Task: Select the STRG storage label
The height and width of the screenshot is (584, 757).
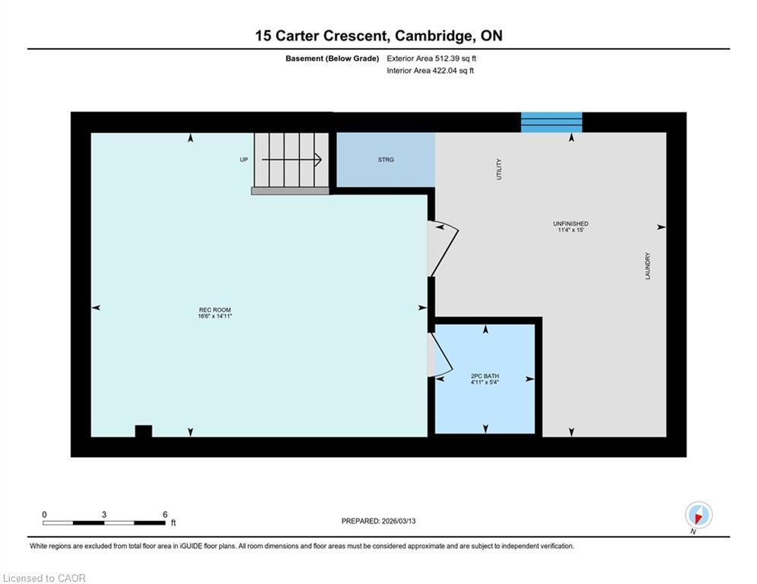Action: click(386, 160)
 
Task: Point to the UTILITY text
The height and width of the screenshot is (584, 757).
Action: click(499, 169)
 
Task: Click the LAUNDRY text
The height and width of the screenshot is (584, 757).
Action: click(648, 266)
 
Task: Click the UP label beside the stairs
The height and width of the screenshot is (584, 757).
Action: click(243, 160)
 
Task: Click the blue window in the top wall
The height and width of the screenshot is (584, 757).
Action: click(552, 122)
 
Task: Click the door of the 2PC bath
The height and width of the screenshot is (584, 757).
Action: click(440, 351)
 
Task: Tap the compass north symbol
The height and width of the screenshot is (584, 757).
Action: click(698, 516)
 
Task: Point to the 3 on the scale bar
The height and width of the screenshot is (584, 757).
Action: click(103, 515)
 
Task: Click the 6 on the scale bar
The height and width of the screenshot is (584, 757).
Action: click(165, 515)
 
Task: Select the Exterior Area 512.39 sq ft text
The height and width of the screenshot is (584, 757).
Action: click(431, 58)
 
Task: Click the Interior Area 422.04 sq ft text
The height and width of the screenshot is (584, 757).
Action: click(431, 71)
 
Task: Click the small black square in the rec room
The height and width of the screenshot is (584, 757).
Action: click(143, 431)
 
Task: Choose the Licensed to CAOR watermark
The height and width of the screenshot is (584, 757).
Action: click(44, 578)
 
